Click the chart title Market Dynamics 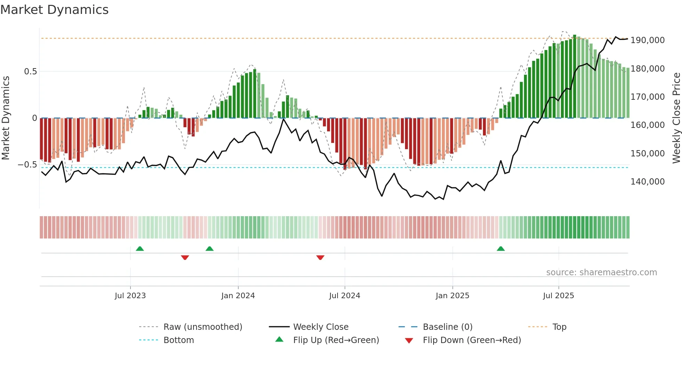[x=54, y=10]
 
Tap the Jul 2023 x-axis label [x=130, y=296]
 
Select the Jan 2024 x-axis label [x=238, y=296]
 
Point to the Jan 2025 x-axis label [x=452, y=296]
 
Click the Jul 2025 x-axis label [x=558, y=296]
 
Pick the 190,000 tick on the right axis [x=648, y=40]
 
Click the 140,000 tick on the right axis [x=648, y=182]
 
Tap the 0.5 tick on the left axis [x=31, y=72]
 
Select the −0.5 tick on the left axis [x=27, y=165]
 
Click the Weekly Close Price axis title [x=676, y=118]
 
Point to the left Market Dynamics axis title [x=6, y=118]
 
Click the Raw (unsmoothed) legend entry [x=203, y=327]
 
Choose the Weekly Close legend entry [x=320, y=327]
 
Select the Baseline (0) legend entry [x=447, y=327]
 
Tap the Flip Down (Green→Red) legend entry [x=471, y=340]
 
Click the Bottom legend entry [x=179, y=340]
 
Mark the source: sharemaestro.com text [x=601, y=272]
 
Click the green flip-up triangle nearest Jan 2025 [x=501, y=249]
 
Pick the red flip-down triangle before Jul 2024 [x=320, y=258]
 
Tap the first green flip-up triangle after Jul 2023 [x=140, y=249]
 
